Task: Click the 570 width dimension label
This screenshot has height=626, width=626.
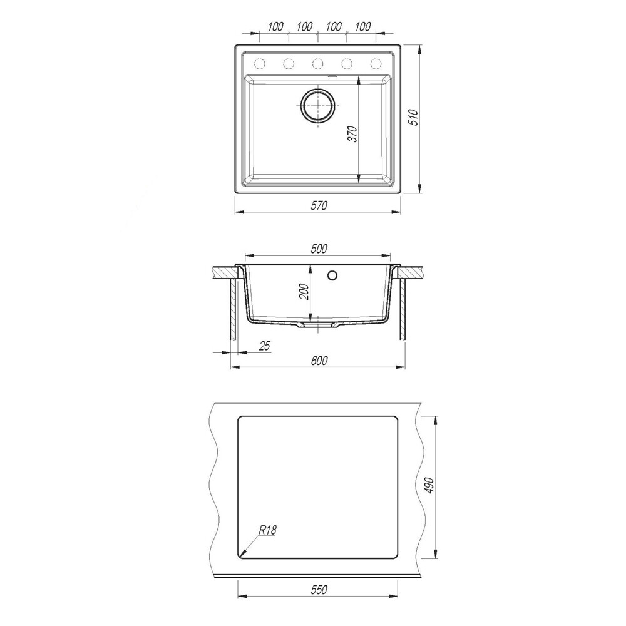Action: tap(319, 205)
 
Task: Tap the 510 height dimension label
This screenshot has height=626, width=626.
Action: tap(414, 118)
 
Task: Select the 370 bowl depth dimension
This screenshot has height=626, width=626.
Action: tap(352, 134)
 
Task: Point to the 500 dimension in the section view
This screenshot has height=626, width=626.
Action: tap(319, 249)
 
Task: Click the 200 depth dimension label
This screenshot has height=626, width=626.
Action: tap(304, 292)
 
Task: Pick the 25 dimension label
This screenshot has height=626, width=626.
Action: tap(265, 346)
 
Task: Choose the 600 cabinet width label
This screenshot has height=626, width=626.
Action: tap(319, 361)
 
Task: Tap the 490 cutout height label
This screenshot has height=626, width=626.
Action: tap(429, 486)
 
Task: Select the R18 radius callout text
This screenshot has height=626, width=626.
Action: tap(267, 530)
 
